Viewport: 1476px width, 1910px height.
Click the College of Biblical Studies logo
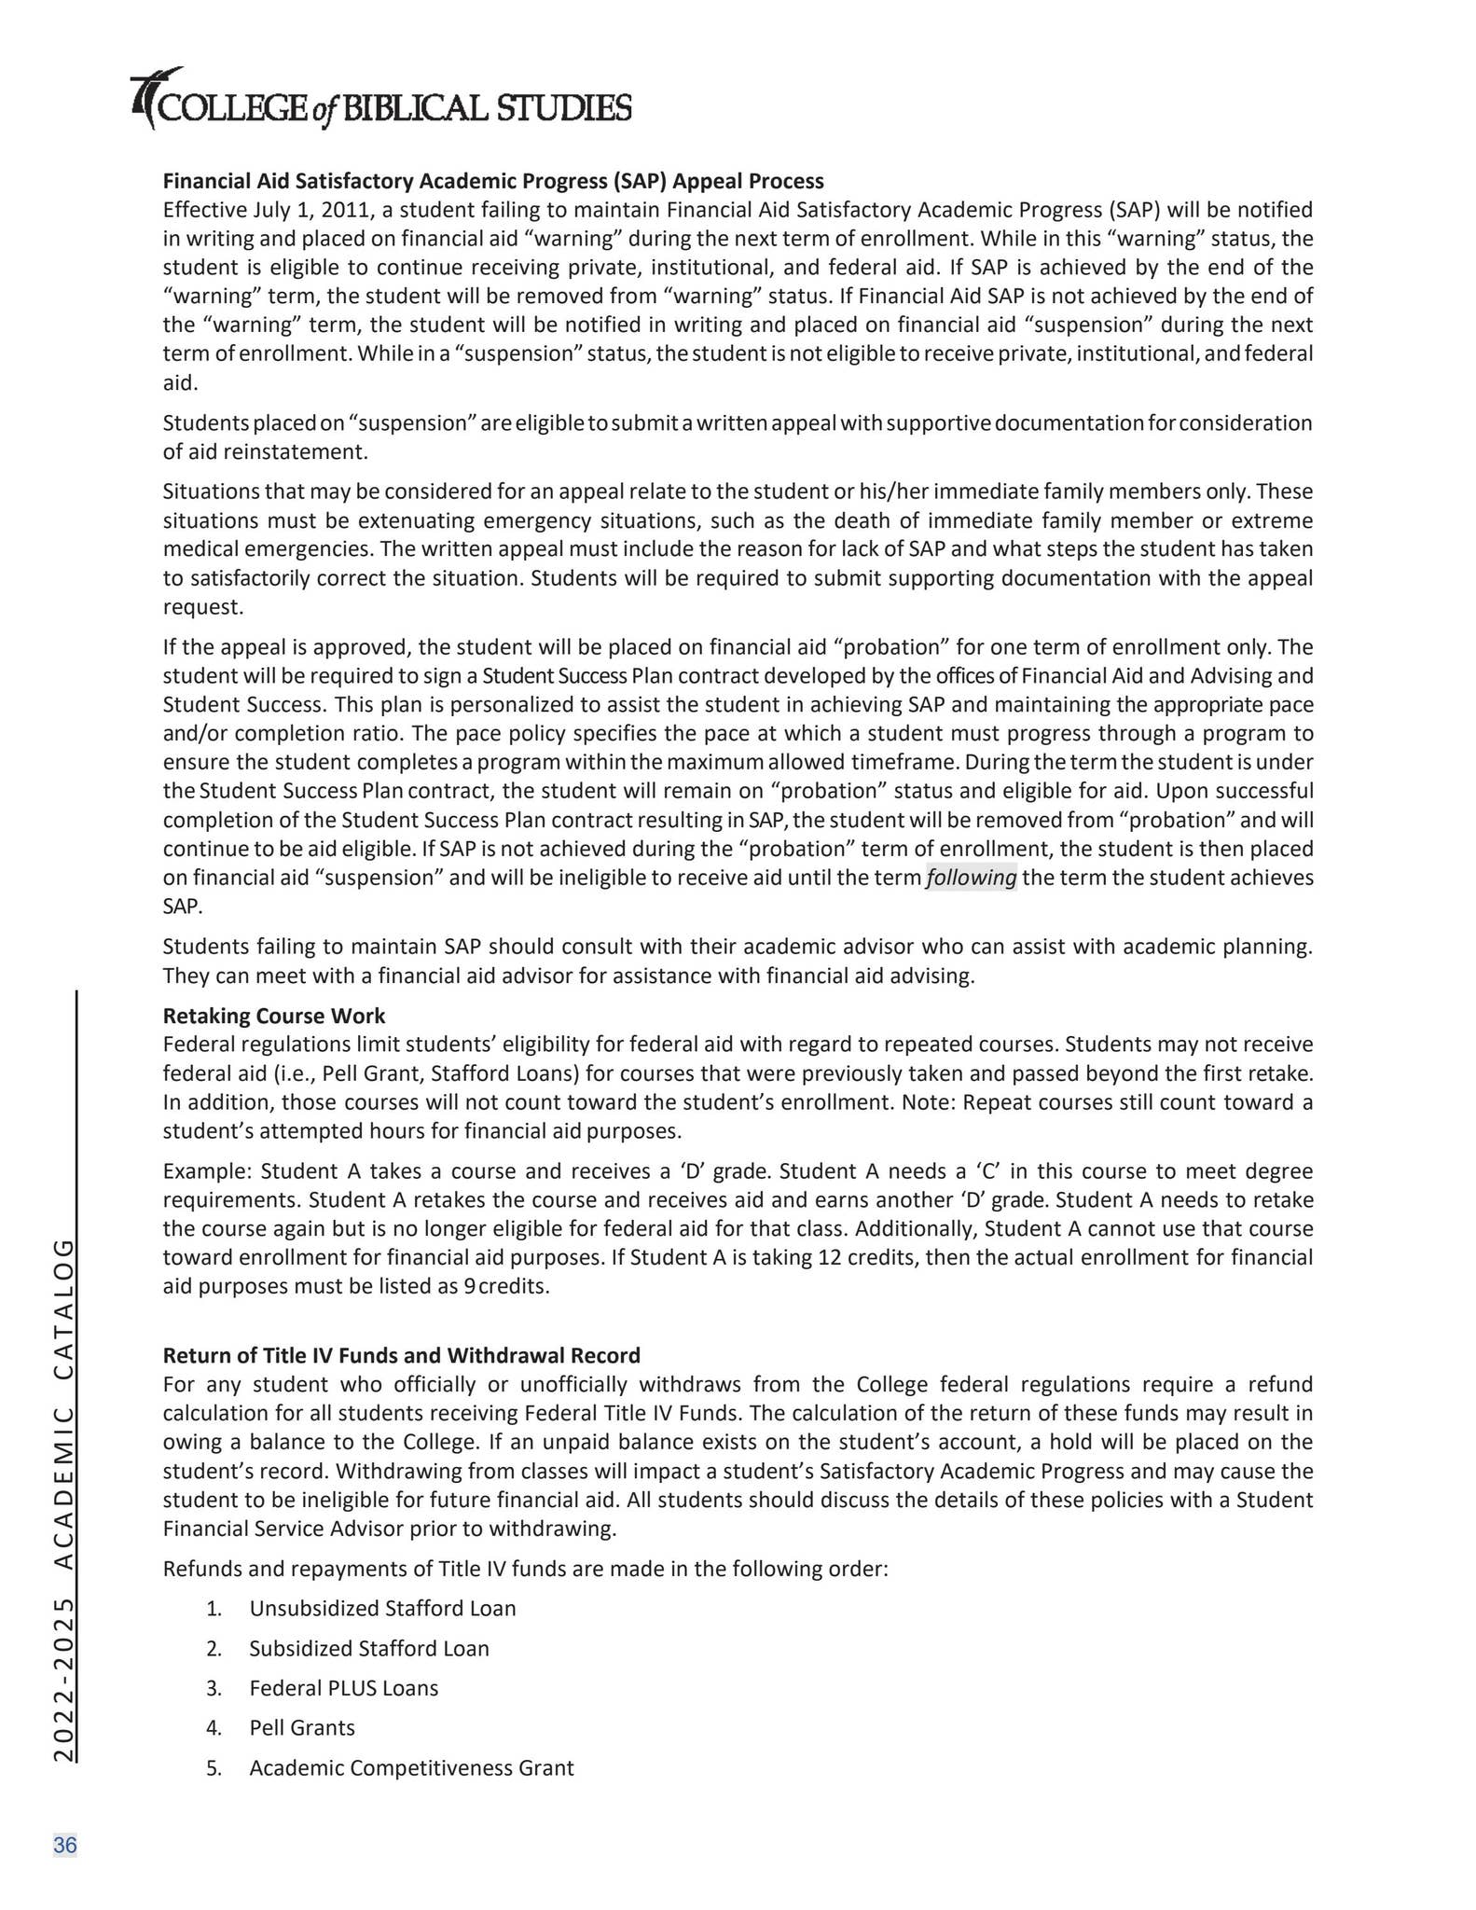[381, 101]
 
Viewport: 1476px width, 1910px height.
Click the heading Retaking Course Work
[274, 1015]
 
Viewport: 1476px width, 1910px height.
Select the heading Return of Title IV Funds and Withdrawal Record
[401, 1354]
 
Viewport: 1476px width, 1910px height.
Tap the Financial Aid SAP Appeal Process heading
[493, 180]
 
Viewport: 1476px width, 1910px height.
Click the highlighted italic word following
[971, 878]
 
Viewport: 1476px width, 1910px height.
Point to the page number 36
[65, 1845]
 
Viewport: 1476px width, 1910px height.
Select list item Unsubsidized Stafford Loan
[382, 1608]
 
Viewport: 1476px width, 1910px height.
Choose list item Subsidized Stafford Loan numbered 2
[368, 1648]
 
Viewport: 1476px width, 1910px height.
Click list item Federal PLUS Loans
[343, 1688]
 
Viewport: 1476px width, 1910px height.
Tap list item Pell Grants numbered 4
[302, 1727]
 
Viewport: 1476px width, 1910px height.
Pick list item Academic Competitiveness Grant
[411, 1767]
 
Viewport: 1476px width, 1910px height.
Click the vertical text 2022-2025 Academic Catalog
[63, 1500]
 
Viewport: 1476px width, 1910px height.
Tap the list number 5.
[214, 1768]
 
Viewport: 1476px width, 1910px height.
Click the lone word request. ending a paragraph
[202, 607]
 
